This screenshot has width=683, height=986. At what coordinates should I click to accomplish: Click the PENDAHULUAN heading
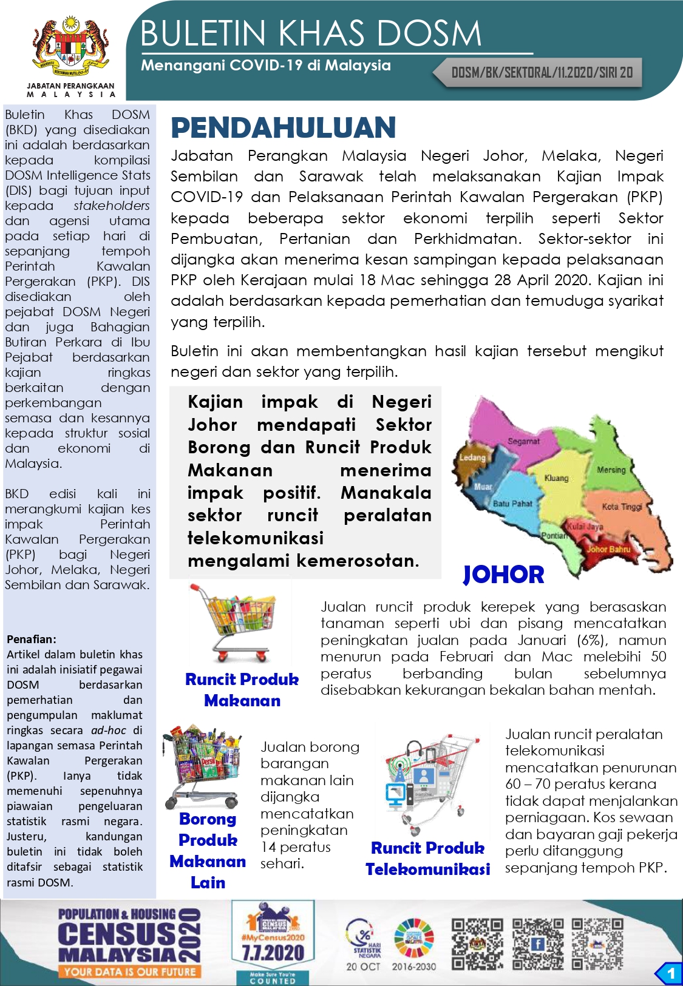coord(283,128)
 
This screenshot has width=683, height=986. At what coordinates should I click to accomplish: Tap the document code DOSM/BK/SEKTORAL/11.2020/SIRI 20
coord(542,73)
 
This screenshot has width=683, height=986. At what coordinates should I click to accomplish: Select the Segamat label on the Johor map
coord(523,441)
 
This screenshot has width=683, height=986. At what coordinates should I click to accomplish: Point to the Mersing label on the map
coord(610,470)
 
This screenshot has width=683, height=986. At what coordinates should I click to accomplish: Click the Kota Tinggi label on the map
coord(622,507)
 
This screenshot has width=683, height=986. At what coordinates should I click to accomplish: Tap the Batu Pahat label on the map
coord(512,504)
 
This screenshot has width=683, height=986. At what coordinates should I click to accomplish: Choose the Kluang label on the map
coord(556,478)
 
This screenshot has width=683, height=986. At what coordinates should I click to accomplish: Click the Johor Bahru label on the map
coord(608,549)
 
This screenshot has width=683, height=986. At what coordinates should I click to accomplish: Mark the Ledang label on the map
coord(472,457)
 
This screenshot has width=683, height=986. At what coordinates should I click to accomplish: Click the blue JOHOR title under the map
coord(503,575)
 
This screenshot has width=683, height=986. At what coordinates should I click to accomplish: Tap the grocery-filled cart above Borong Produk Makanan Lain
coord(202,765)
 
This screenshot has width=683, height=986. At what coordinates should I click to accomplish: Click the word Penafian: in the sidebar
coord(32,639)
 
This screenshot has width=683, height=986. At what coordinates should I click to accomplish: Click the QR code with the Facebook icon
coord(537,944)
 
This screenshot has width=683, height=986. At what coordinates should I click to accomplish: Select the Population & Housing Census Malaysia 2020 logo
coord(129,942)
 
